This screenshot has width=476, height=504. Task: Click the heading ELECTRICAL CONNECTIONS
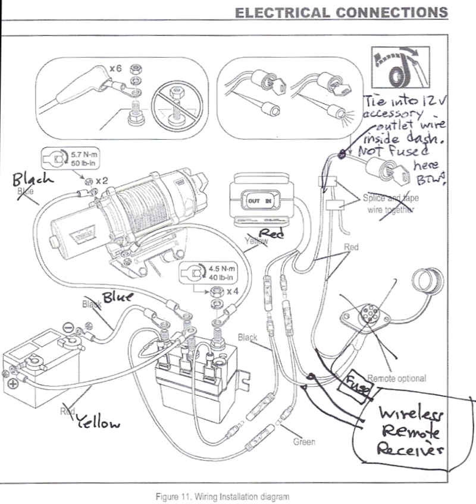[341, 12]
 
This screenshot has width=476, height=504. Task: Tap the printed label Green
[303, 442]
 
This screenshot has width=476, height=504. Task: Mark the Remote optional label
[396, 378]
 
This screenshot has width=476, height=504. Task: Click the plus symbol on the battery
[12, 384]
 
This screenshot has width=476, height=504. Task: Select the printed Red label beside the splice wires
[351, 247]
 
